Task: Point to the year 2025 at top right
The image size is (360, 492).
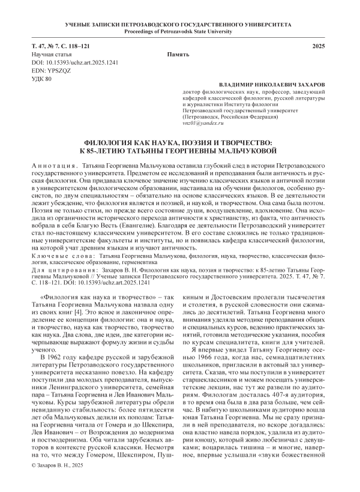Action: click(x=320, y=46)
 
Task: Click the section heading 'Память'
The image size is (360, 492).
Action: click(x=179, y=55)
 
